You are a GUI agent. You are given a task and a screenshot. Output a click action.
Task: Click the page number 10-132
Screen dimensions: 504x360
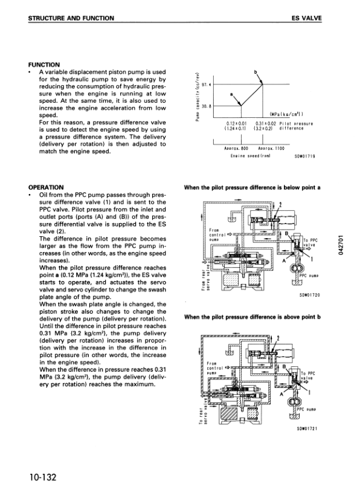pos(42,477)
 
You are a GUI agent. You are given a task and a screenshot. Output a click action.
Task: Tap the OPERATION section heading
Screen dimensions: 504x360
pos(47,188)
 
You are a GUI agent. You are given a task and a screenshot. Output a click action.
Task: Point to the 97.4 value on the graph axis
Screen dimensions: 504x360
pos(204,85)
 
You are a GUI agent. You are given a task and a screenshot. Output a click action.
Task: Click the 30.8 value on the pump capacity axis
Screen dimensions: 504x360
pos(204,106)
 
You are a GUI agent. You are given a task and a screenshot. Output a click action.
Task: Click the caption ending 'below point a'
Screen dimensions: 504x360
pos(252,188)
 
